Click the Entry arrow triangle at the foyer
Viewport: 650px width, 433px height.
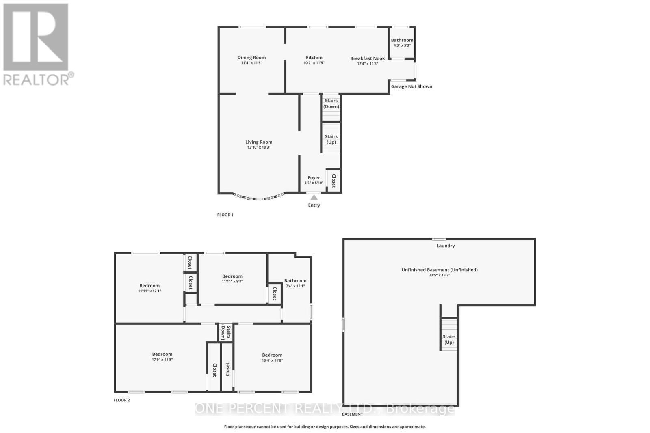pos(314,198)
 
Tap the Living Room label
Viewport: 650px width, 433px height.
pos(259,142)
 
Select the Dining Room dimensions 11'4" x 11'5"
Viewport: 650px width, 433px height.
pos(251,63)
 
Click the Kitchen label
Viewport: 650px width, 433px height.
pos(314,58)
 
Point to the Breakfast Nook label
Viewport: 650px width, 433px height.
pos(368,58)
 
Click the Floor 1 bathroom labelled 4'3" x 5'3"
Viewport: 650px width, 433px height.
pos(402,42)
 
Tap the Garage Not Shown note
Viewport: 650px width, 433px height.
pos(412,86)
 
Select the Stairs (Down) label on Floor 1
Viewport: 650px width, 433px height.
pos(331,103)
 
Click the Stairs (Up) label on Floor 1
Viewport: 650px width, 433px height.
pos(331,139)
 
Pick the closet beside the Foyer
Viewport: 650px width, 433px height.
pos(334,181)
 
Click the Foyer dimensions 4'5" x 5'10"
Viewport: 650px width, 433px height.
pos(314,183)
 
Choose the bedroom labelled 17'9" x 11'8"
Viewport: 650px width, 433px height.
pos(162,357)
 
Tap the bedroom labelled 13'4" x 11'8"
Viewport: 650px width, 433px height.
pos(272,358)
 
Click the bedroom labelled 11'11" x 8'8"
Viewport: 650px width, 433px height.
pos(232,279)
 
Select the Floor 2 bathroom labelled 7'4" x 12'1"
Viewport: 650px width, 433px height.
pos(295,283)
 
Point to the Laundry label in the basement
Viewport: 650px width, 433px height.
pos(446,246)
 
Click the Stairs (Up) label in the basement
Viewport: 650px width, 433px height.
pos(449,339)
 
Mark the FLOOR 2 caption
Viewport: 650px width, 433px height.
pos(121,400)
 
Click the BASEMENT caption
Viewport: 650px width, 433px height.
pos(353,414)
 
